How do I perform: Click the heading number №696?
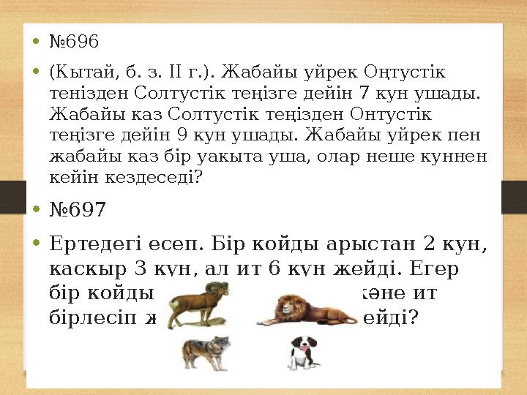click(73, 42)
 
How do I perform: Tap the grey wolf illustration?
click(206, 352)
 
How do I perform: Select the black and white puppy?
click(302, 353)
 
